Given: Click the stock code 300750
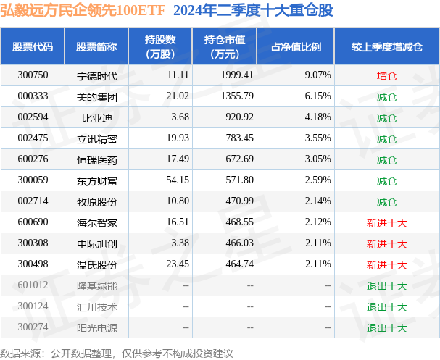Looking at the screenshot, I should click(x=33, y=75).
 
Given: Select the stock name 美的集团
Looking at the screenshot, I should click(x=96, y=96).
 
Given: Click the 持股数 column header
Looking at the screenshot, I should click(x=159, y=47).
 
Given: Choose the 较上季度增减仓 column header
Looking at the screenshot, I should click(x=386, y=47).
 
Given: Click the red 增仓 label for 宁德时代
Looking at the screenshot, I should click(x=386, y=75).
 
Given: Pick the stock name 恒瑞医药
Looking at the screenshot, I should click(x=96, y=159).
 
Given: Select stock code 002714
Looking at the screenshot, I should click(x=33, y=201).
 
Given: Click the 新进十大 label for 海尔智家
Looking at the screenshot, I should click(x=386, y=223).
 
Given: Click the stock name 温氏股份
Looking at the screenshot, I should click(x=96, y=265).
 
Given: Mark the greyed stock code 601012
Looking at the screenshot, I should click(x=33, y=286).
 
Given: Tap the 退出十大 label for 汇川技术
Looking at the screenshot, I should click(x=386, y=307).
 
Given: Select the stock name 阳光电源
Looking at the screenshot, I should click(x=96, y=328).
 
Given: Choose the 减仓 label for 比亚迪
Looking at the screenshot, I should click(x=386, y=117).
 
